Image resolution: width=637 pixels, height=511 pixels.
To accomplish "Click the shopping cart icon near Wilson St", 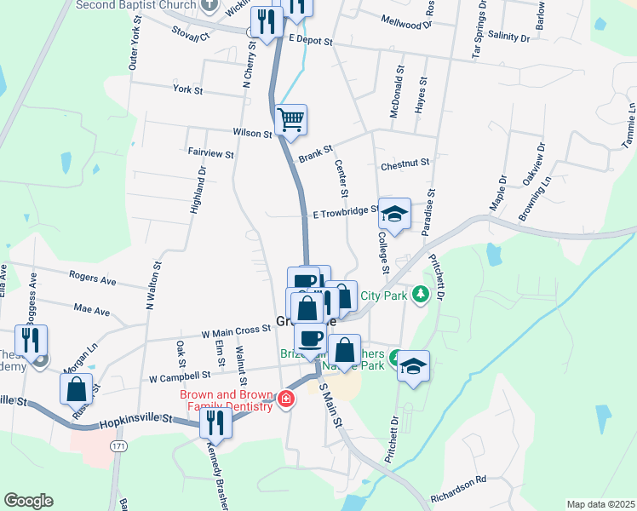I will pos(290,119).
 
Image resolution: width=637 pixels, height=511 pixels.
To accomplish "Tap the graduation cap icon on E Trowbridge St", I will pos(394,214).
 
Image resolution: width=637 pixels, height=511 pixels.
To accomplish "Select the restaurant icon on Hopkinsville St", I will pos(216,421).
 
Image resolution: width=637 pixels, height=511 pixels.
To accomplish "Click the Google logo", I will pos(28,501).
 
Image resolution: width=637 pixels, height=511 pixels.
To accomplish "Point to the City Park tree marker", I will pos(419,295).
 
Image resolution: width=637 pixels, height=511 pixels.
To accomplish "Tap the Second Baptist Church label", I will pos(135,5).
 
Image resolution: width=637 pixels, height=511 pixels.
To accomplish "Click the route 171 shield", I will pos(118,446).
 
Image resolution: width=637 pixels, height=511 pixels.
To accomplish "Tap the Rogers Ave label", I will pos(92,279).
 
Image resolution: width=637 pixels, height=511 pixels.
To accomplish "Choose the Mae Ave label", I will pos(92,310).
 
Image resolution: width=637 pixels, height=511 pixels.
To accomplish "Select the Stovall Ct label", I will pos(190,35).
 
